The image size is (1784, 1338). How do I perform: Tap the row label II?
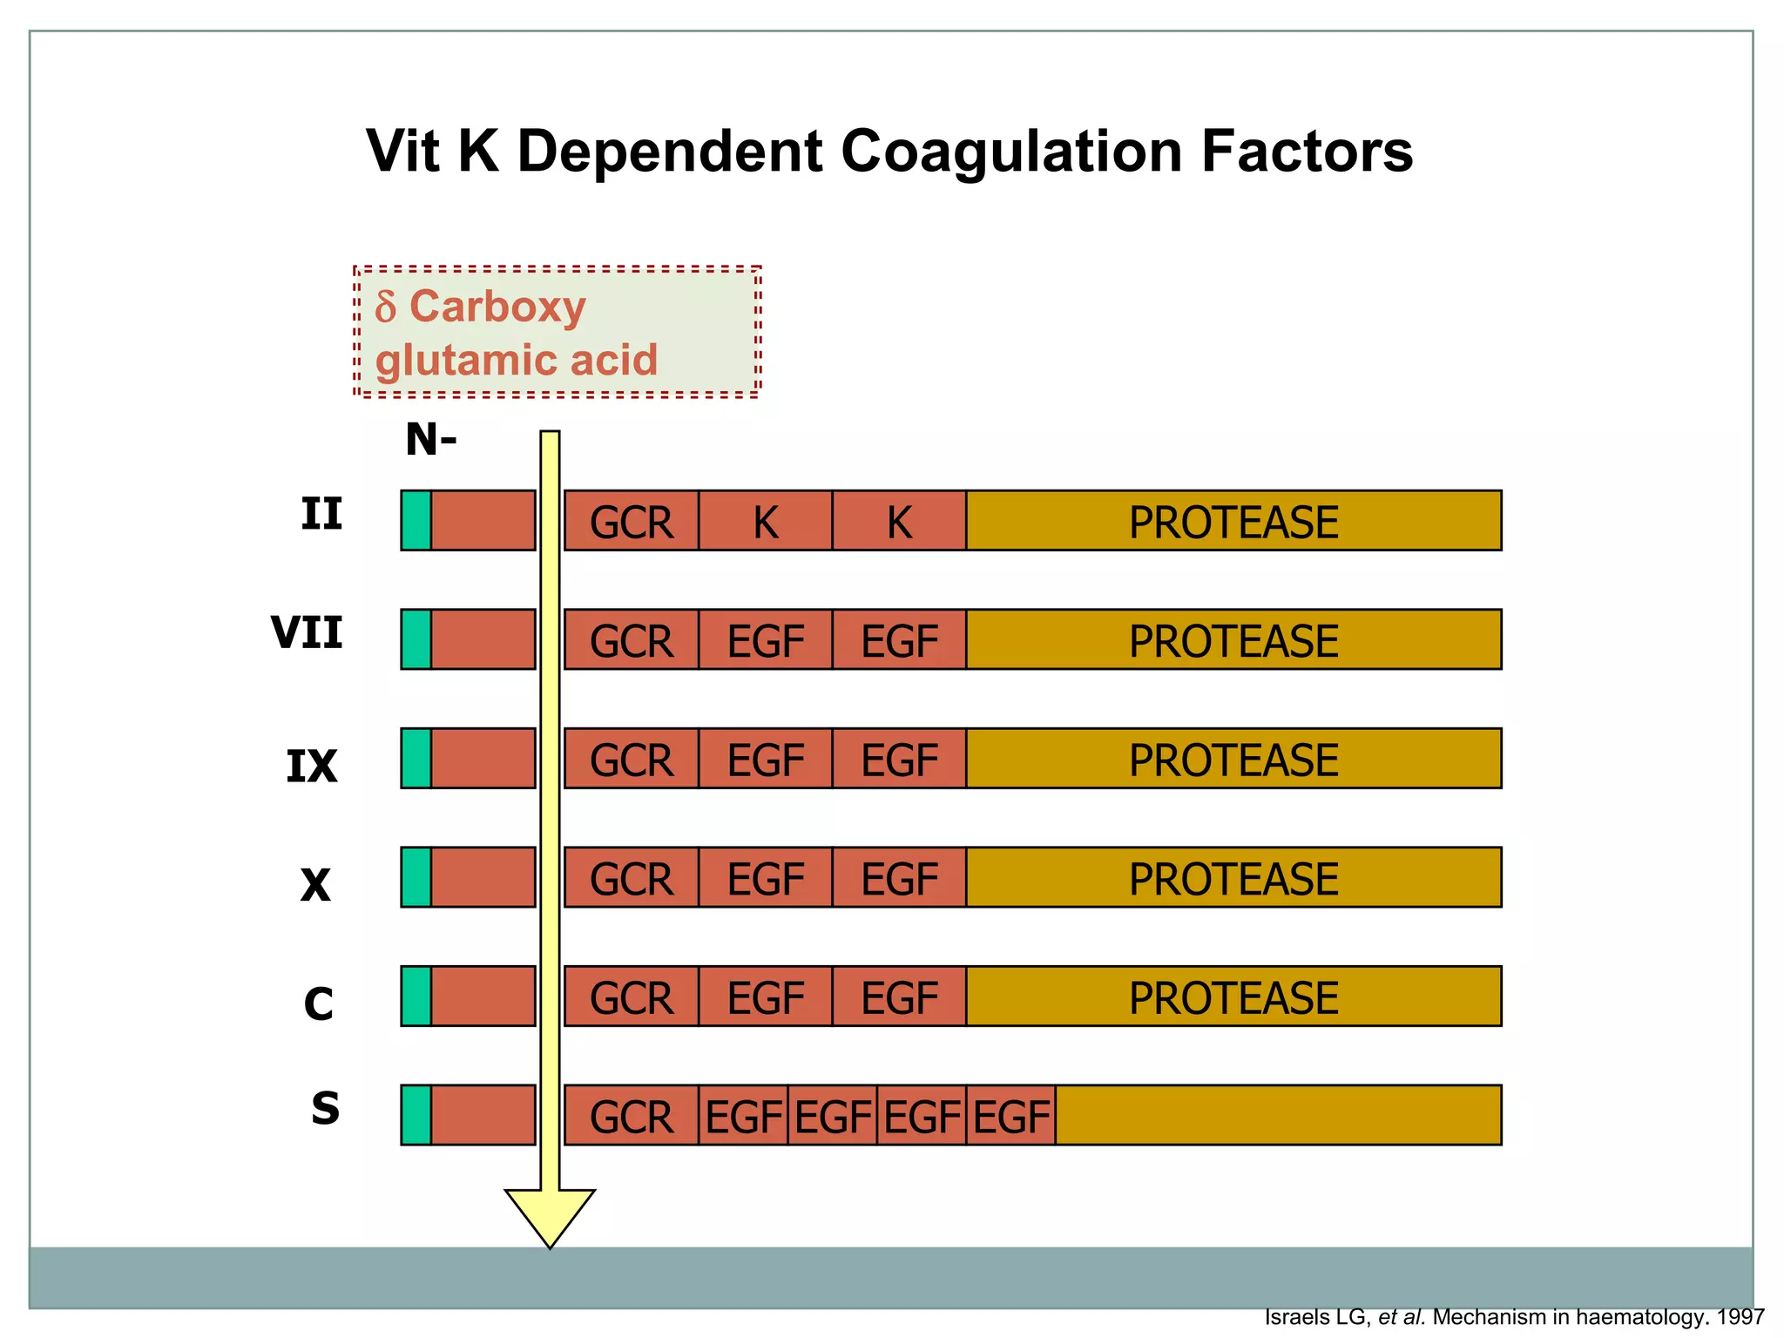tap(321, 514)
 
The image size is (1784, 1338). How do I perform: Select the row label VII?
tap(307, 632)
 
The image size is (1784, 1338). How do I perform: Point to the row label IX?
tap(311, 767)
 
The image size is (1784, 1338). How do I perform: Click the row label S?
tap(325, 1108)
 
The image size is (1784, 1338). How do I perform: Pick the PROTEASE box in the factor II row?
tap(1233, 521)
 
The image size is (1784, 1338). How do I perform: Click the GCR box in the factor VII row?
tap(632, 640)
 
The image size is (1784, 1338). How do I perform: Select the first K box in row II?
tap(765, 521)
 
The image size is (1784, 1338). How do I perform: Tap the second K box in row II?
tap(899, 521)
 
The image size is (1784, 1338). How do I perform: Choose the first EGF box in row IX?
tap(765, 759)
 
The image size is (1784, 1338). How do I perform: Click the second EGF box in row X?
tap(899, 878)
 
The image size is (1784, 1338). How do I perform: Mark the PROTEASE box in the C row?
tap(1233, 997)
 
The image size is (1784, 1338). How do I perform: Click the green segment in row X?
tap(416, 877)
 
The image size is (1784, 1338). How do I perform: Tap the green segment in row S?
tap(416, 1115)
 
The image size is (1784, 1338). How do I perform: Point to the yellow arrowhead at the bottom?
tap(550, 1215)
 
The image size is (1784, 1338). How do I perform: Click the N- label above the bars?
tap(430, 440)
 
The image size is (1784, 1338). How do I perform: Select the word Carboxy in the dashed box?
tap(497, 307)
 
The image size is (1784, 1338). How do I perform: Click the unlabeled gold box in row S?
tap(1278, 1115)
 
